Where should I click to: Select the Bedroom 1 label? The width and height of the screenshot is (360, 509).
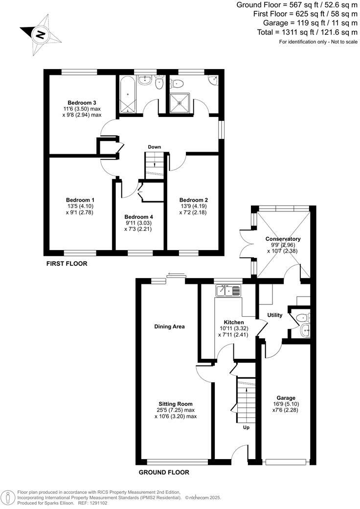80,200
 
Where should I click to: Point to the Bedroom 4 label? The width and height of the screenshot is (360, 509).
138,217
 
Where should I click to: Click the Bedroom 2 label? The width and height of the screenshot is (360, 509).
194,200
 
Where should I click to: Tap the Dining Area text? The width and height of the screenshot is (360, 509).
169,326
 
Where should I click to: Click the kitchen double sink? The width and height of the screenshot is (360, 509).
228,291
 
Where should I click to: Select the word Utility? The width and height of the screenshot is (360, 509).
275,315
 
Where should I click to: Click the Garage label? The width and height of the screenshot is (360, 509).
285,398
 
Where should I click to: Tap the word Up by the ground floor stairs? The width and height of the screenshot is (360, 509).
246,427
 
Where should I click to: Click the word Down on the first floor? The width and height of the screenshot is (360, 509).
155,147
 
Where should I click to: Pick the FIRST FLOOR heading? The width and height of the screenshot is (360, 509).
67,264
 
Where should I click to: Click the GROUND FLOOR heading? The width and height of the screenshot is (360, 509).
164,472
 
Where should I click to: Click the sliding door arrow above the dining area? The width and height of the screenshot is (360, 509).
173,276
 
